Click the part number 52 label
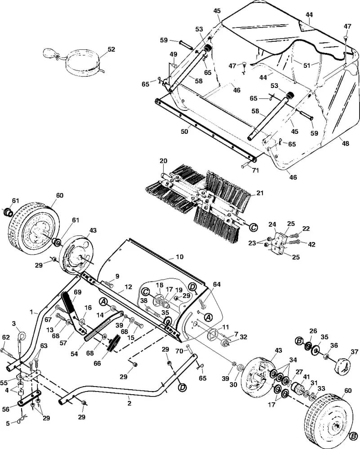(x=111, y=49)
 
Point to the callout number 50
(x=185, y=131)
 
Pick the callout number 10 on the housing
(x=179, y=256)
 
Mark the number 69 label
(x=78, y=292)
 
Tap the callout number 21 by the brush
(x=260, y=193)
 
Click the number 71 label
(x=255, y=170)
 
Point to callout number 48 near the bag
(x=346, y=143)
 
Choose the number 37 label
(x=355, y=352)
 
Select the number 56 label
(x=6, y=409)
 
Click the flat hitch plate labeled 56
(x=30, y=400)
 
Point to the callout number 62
(x=6, y=338)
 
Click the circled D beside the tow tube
(x=182, y=388)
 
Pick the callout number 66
(x=97, y=363)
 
